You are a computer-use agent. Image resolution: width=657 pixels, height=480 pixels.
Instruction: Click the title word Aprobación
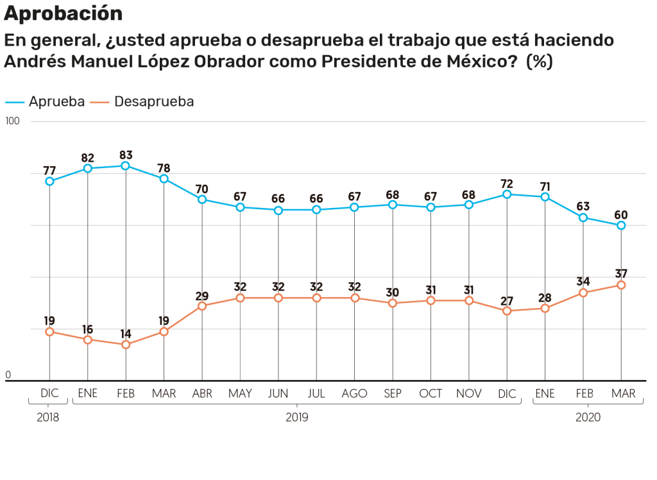coord(64,13)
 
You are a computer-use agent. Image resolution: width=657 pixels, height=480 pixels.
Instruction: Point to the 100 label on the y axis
coord(13,121)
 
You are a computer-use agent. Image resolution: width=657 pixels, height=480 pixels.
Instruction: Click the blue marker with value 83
coord(126,166)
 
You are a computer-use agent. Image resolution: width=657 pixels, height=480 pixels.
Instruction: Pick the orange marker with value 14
coord(126,345)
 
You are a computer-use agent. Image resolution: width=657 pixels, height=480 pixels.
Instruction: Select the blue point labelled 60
coord(621,225)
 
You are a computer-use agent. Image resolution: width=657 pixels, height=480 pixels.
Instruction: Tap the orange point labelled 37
coord(621,285)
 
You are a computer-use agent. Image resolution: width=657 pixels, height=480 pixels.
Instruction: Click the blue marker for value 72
coord(507,194)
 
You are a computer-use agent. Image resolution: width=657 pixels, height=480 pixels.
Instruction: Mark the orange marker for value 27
coord(507,311)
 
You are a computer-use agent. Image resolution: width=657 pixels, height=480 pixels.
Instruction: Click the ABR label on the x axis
coord(202,393)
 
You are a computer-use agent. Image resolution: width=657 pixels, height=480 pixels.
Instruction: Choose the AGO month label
coord(355,393)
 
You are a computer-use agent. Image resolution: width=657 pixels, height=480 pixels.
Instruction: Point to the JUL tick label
coord(316,393)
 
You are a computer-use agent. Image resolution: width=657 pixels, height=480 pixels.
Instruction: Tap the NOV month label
coord(469,393)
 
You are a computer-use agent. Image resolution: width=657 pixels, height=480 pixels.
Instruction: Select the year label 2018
coord(48,417)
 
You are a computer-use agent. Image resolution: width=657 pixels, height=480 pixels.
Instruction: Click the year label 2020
coord(588,417)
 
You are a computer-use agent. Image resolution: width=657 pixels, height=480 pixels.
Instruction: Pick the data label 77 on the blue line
coord(49,171)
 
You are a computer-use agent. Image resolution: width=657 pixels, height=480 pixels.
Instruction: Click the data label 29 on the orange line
coord(202,295)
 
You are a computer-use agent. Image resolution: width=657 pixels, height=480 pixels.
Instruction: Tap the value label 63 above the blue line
coord(583,207)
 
